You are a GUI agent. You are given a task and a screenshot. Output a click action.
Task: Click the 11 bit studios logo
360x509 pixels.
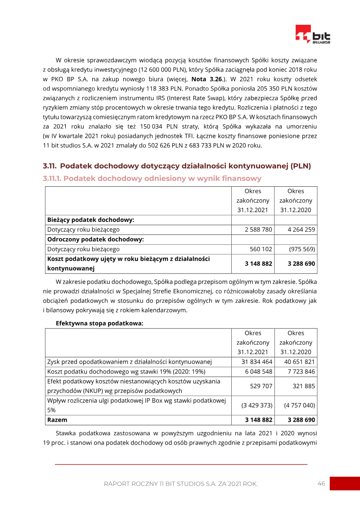tap(313, 34)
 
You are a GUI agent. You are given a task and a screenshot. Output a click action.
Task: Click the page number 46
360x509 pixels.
tap(321, 483)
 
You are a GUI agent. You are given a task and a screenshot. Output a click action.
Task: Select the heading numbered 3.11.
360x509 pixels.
tap(177, 166)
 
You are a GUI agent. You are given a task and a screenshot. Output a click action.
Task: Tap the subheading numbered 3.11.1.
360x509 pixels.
tap(152, 179)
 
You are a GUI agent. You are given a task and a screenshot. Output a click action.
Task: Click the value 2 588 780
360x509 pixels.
tap(258, 230)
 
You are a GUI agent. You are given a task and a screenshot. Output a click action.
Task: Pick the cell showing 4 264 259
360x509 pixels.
tap(301, 230)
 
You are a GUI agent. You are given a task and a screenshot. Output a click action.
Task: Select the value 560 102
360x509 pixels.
tap(261, 249)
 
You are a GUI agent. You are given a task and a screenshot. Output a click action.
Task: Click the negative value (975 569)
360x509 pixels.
tap(302, 249)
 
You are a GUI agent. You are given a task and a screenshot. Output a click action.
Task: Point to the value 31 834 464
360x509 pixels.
tap(256, 362)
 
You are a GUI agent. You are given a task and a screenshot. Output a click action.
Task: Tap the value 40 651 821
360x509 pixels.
tap(300, 362)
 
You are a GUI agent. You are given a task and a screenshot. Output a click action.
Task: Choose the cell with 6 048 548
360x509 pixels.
tap(258, 372)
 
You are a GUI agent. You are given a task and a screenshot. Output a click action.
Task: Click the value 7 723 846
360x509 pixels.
tap(301, 372)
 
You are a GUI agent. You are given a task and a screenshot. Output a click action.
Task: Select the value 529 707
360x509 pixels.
tap(261, 386)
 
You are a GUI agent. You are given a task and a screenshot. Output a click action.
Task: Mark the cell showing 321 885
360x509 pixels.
tap(304, 386)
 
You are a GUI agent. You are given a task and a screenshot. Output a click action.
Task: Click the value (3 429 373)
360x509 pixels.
tap(257, 405)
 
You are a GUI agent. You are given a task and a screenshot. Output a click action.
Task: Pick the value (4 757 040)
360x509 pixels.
tap(300, 405)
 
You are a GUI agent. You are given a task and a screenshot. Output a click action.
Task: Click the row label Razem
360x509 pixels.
tap(57, 420)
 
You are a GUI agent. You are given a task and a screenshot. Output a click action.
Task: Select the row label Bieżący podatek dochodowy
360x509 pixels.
tap(91, 220)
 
